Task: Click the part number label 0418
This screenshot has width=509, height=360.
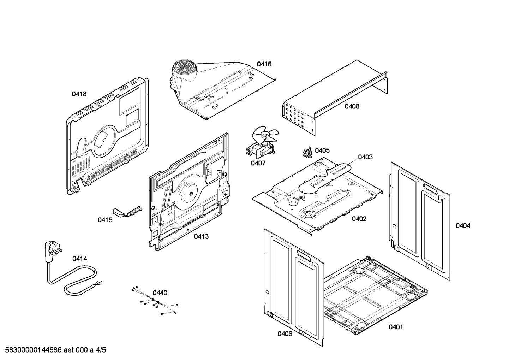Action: pos(79,94)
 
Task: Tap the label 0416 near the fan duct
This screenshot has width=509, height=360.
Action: pos(264,64)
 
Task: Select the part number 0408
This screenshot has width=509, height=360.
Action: pos(352,106)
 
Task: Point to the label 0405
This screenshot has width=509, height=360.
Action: pos(322,150)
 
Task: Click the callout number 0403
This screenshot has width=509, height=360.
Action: pos(365,157)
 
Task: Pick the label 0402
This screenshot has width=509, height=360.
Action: pos(359,219)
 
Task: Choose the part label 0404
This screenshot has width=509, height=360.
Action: pos(463,225)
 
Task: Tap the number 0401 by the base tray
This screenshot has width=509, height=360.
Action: pos(396,327)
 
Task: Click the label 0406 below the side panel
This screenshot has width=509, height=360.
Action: pos(285,334)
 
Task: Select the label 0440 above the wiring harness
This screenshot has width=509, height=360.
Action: pos(160,293)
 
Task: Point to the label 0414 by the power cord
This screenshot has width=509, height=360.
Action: pos(79,259)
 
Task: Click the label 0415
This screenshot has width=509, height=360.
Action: pos(105,220)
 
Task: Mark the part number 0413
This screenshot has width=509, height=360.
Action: pos(201,236)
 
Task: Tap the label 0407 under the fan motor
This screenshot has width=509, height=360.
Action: pos(258,163)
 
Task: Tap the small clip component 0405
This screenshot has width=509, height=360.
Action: pos(306,152)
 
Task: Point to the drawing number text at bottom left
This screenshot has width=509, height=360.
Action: pos(53,350)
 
